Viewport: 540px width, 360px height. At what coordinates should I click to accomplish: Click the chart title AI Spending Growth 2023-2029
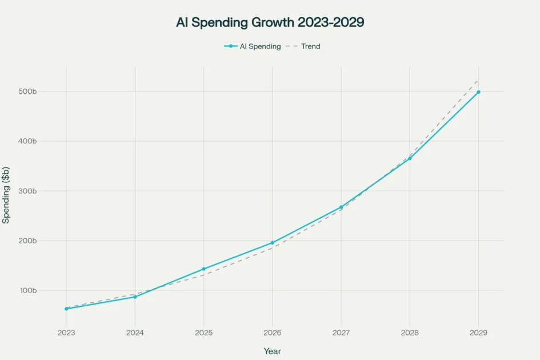click(x=270, y=23)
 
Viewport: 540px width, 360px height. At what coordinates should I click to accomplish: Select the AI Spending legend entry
click(x=253, y=46)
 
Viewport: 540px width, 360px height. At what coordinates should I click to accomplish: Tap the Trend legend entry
click(x=307, y=46)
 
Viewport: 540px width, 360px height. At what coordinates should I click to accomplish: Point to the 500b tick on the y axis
click(x=27, y=91)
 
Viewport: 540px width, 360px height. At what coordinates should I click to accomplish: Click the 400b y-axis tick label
click(x=27, y=141)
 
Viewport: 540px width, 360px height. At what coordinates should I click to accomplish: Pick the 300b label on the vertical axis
click(x=27, y=191)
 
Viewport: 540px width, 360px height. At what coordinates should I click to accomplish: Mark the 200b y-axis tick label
click(x=27, y=241)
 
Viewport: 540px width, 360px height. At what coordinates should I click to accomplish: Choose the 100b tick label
click(x=27, y=290)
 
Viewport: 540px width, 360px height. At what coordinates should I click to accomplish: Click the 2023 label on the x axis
click(x=66, y=333)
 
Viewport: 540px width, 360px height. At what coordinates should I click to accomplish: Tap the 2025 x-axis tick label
click(x=203, y=333)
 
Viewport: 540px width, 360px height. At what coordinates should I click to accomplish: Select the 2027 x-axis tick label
click(x=341, y=333)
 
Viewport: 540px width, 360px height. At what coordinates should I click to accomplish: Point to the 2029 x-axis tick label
click(x=478, y=333)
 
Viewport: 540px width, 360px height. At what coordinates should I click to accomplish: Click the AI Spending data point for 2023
click(x=66, y=309)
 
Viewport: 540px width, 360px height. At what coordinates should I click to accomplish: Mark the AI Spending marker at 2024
click(x=135, y=297)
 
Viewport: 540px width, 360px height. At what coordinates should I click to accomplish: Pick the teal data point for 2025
click(x=203, y=269)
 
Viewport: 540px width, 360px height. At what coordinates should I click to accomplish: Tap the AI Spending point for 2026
click(x=273, y=243)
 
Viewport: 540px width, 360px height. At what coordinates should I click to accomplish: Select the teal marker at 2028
click(x=410, y=158)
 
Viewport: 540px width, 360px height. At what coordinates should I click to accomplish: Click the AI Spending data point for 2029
click(x=478, y=92)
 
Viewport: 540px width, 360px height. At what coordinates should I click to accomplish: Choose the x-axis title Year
click(x=272, y=351)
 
